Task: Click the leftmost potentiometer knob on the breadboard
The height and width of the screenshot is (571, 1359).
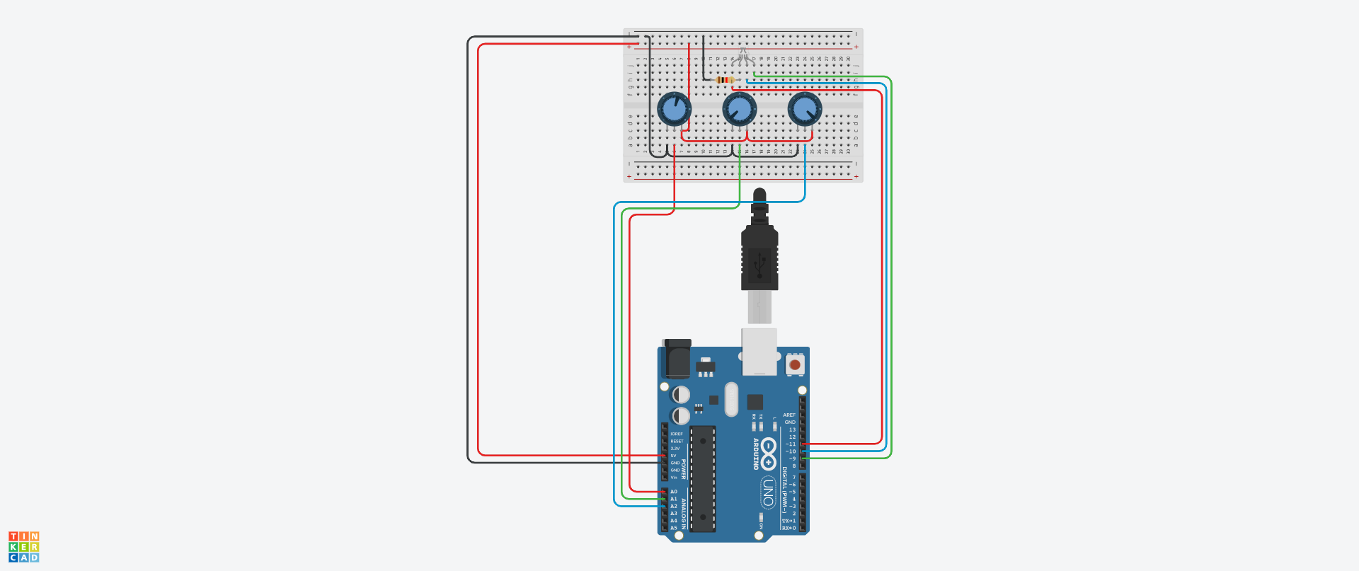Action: point(674,109)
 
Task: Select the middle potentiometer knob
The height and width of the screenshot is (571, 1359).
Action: point(739,109)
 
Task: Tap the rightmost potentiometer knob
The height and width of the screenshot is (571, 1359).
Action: point(805,109)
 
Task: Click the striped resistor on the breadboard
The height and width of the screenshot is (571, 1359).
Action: point(725,80)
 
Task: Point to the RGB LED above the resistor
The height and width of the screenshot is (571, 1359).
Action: point(742,57)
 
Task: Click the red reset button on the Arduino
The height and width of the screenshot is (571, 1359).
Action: point(795,365)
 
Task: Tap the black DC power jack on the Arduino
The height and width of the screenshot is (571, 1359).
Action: point(677,359)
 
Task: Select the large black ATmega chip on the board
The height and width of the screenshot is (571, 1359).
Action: point(703,478)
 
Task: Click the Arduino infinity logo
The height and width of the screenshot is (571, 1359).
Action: point(769,453)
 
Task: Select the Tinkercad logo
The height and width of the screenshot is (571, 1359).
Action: point(23,547)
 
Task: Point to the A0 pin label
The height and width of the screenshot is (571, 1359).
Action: point(674,492)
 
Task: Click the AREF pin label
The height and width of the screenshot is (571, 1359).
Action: point(789,415)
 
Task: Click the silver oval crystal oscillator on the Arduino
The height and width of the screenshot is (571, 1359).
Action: point(731,399)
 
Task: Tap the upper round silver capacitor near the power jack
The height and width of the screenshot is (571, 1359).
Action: point(681,394)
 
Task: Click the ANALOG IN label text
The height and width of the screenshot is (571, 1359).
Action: point(684,512)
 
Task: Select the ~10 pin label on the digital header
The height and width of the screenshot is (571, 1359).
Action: point(790,451)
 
